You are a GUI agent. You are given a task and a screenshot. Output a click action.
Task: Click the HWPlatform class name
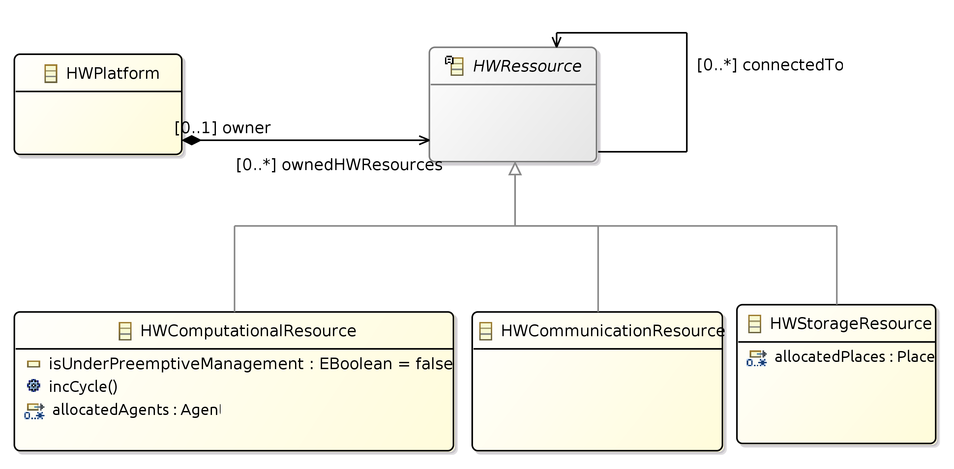(x=113, y=73)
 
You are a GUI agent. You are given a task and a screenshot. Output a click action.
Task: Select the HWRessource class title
(x=527, y=66)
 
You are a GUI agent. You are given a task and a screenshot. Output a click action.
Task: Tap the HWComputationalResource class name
(x=248, y=331)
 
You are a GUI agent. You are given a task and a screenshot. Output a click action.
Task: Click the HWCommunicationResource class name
(x=612, y=331)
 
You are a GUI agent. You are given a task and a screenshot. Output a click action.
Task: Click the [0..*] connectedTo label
(x=770, y=65)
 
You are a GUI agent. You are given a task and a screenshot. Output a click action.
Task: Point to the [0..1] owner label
(x=223, y=128)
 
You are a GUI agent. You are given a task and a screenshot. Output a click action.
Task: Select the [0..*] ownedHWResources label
(x=339, y=165)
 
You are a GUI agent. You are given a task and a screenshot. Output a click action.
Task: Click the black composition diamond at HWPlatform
(x=192, y=140)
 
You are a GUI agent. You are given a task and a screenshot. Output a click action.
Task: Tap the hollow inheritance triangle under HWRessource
(x=515, y=169)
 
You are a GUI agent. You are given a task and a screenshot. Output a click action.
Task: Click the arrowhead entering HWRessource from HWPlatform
(x=424, y=140)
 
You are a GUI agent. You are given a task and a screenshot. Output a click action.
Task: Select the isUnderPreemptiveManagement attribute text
(x=250, y=364)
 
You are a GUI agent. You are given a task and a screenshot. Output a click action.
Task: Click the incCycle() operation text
(x=83, y=387)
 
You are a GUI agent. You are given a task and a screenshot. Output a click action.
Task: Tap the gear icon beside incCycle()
(x=33, y=386)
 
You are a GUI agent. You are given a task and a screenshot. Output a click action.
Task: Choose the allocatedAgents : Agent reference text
(x=136, y=410)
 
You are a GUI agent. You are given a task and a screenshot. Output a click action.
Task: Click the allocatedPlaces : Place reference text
(x=854, y=357)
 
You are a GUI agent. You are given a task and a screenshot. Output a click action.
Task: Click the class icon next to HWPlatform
(x=51, y=73)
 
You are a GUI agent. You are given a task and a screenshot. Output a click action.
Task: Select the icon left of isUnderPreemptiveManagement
(x=33, y=364)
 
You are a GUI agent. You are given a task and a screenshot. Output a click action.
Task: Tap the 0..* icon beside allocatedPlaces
(x=756, y=358)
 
